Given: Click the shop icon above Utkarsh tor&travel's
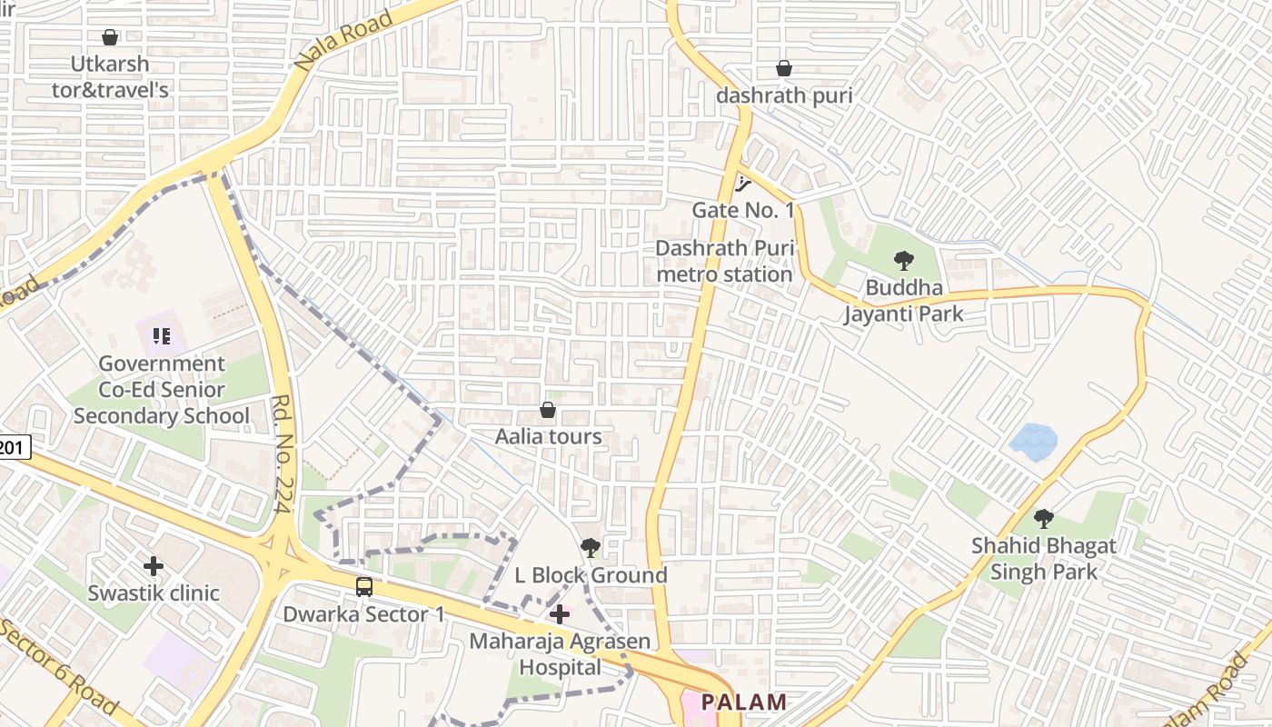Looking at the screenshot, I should (x=110, y=37).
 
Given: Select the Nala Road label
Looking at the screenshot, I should (x=343, y=41).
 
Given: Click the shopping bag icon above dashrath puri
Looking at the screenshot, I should (x=783, y=68).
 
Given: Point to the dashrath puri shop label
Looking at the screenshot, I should (x=783, y=95).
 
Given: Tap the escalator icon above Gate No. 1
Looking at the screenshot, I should (x=744, y=184).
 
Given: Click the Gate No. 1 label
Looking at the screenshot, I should (x=743, y=211).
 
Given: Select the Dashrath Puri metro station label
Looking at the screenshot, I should (x=724, y=261).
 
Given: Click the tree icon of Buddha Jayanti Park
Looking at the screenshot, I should (x=903, y=261).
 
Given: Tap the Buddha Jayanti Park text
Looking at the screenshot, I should (x=903, y=302).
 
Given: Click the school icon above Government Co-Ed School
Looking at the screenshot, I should (x=162, y=336).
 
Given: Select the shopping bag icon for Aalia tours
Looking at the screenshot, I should (x=548, y=410).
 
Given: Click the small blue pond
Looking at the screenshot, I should (x=1034, y=442).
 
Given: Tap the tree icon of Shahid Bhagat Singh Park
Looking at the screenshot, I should (x=1044, y=519).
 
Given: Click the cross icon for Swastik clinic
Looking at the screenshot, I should (x=154, y=566).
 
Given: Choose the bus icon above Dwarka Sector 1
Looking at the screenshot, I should (x=364, y=587).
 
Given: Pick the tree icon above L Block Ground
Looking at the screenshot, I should (x=590, y=547).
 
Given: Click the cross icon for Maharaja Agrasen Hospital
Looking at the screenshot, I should (x=560, y=614).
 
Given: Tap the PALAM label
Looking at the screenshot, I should (x=744, y=702).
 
